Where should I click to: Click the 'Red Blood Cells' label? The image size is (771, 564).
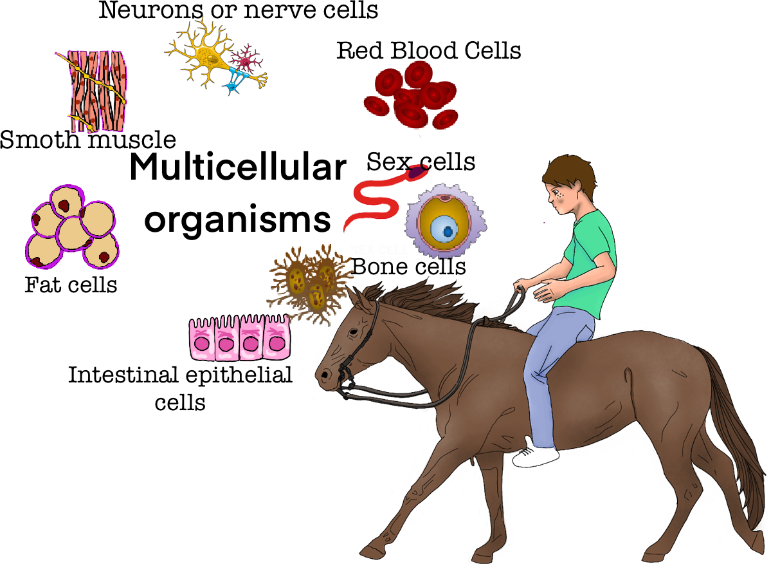click(429, 50)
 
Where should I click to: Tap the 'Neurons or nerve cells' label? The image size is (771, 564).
click(238, 10)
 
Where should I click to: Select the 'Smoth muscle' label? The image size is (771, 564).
click(87, 140)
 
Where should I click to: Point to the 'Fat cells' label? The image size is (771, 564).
click(71, 284)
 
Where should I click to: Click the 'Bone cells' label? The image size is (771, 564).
click(409, 266)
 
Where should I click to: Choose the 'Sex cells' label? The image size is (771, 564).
click(421, 162)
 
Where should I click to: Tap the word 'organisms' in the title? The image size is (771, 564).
click(237, 219)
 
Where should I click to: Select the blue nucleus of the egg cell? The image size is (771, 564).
click(443, 229)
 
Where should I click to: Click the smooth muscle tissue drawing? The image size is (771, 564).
click(97, 90)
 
